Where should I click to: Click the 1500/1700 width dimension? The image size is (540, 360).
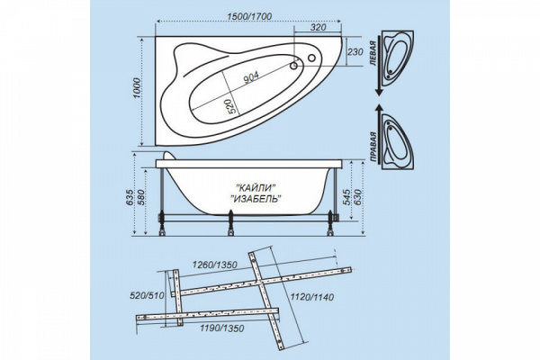(249, 16)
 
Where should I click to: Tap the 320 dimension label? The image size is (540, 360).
(318, 27)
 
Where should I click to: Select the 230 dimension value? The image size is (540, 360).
(355, 51)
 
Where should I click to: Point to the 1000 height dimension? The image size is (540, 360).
(137, 88)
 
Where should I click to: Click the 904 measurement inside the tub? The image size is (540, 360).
(251, 77)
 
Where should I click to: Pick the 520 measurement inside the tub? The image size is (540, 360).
(233, 106)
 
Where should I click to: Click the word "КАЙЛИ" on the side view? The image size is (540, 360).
(256, 187)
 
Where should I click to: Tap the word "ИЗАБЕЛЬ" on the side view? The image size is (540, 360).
(256, 199)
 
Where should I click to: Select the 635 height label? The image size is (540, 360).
(130, 198)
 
